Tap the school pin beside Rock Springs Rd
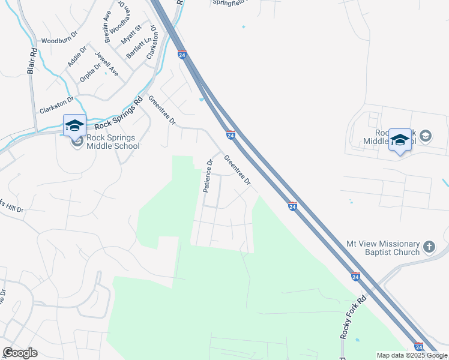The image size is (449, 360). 74,126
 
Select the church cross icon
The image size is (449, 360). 429,247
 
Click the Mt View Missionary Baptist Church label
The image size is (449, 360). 383,248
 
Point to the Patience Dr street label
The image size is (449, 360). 207,175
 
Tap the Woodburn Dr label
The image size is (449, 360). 60,41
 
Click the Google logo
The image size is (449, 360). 20,353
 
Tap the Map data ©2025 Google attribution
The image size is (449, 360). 412,355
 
